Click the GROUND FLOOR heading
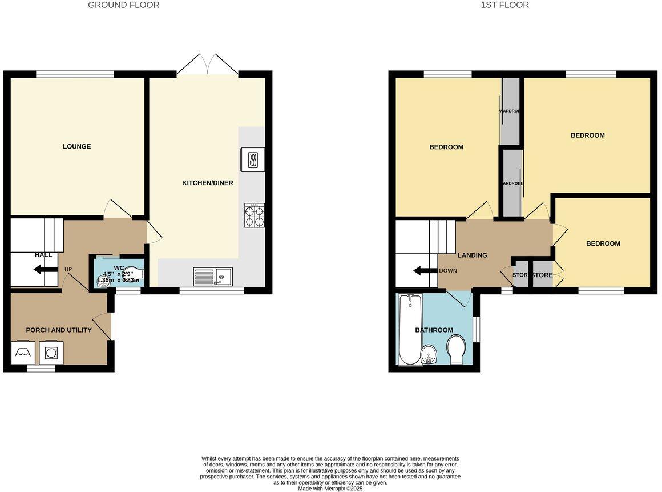point(123,5)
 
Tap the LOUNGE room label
point(76,147)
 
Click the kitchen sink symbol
point(212,277)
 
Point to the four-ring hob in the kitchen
point(255,215)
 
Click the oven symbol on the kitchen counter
point(253,159)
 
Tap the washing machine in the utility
point(51,353)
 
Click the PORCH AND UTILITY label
point(59,330)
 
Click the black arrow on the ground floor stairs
point(45,270)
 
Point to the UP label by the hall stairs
point(68,269)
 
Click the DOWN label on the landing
point(447,270)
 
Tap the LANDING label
point(473,255)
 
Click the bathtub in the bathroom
point(409,329)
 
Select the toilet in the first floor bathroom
point(457,349)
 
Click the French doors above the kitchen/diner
point(207,65)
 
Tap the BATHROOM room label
point(434,330)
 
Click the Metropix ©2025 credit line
point(330,489)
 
